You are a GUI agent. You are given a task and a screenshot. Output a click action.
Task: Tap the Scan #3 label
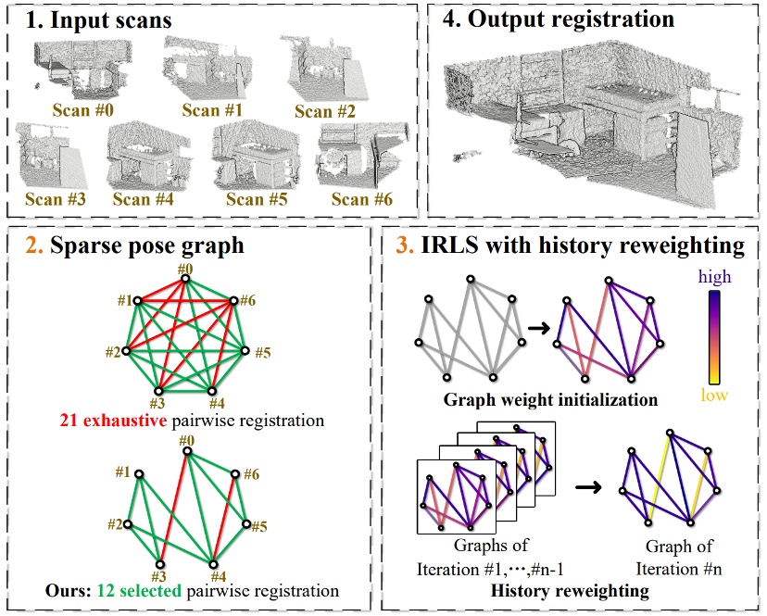[x=56, y=198]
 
